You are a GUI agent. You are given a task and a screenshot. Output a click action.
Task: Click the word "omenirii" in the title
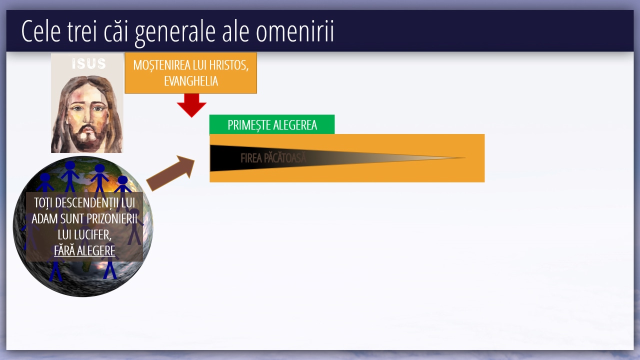coord(295,31)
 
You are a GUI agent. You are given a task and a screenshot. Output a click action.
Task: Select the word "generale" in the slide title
coord(175,33)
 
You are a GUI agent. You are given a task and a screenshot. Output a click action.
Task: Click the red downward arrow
coord(191,105)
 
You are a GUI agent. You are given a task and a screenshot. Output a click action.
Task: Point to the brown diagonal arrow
coord(170,173)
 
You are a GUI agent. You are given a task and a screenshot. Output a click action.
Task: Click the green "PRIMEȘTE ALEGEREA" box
coord(272,124)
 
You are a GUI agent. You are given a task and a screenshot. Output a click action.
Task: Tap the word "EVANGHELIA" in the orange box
coord(191,81)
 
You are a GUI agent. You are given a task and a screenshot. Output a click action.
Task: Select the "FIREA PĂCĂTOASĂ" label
coord(273,158)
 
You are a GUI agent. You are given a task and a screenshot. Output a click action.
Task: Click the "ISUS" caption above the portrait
coord(89,63)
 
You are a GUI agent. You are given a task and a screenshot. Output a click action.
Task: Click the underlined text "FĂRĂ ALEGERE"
coord(84,251)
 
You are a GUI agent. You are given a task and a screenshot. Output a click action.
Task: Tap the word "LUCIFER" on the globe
coord(83,235)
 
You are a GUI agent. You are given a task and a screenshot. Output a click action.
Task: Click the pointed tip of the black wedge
coord(465,157)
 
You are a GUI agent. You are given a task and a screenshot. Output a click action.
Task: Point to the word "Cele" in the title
coord(41,31)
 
